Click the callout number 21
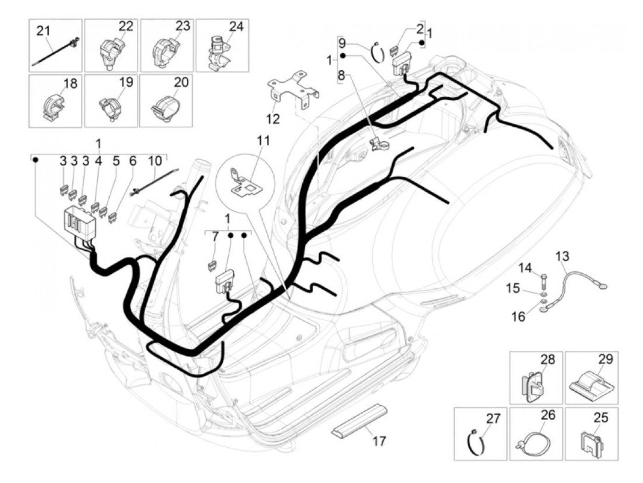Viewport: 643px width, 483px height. coord(43,31)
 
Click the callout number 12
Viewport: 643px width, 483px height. coord(273,119)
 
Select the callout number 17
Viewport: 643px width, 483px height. coord(379,441)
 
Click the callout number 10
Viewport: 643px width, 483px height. coord(155,161)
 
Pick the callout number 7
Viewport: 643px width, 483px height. coord(215,237)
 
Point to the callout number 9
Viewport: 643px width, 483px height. coord(342,44)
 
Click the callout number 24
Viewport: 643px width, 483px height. coord(236,26)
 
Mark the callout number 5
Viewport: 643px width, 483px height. coord(116,161)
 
